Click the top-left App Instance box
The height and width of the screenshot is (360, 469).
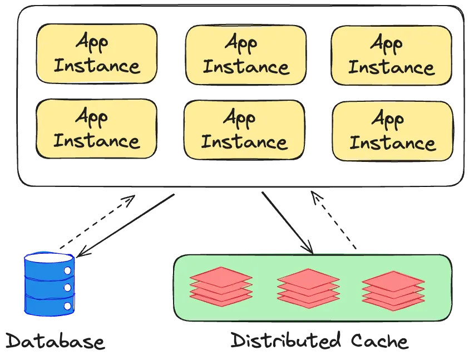coord(96,53)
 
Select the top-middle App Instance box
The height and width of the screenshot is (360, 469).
coord(245,55)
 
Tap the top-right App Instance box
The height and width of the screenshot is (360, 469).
coord(391,55)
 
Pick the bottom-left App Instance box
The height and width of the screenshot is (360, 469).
coord(96,129)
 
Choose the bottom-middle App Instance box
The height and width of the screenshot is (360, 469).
coord(244,129)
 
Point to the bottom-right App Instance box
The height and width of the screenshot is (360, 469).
coord(392,130)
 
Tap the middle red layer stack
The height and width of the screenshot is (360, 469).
coord(308,288)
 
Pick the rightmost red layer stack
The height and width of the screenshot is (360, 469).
coord(393,288)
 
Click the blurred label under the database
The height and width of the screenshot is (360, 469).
coord(55,341)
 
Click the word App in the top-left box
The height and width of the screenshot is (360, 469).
coord(92,42)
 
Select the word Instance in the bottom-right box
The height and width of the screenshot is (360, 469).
coord(392,142)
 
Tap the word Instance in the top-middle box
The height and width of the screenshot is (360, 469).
coord(245,67)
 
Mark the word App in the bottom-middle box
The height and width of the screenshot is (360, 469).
coord(240,117)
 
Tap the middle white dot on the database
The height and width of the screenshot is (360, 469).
coord(67,287)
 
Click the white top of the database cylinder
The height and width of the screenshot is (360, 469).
coord(49,259)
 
